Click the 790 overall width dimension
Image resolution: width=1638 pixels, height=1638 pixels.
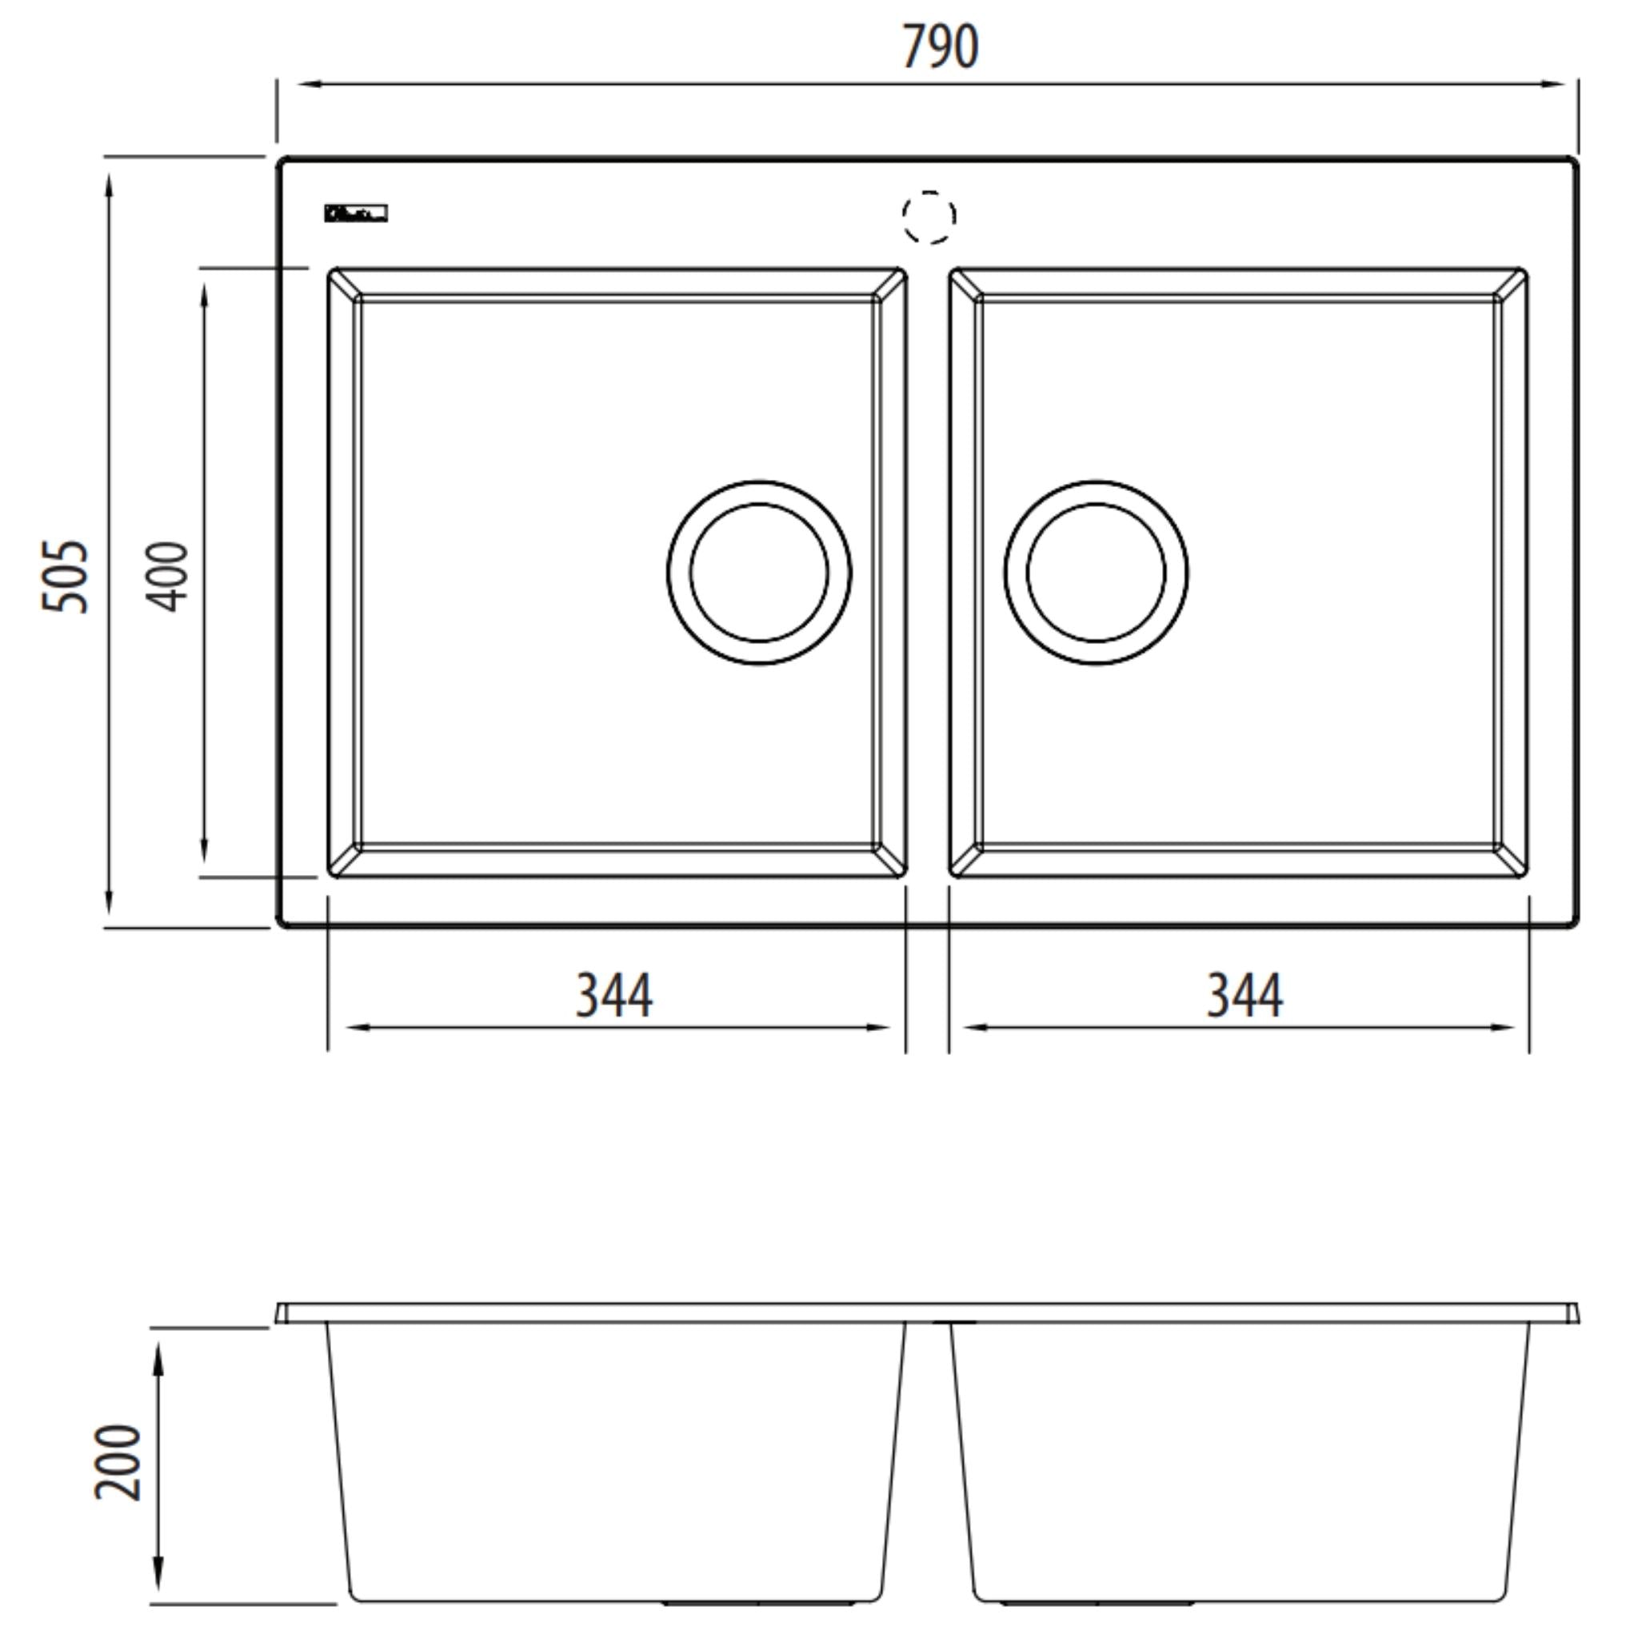[940, 47]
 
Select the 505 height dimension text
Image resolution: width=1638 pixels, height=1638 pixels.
[66, 577]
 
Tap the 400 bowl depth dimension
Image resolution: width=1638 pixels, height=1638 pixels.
[166, 577]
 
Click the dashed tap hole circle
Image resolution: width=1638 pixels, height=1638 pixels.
[929, 217]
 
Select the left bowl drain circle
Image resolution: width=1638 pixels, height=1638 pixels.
[759, 573]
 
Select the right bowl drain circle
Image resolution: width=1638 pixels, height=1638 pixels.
[1096, 573]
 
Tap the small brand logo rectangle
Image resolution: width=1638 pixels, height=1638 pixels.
[356, 213]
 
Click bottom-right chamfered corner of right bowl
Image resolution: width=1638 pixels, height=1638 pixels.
[1512, 861]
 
